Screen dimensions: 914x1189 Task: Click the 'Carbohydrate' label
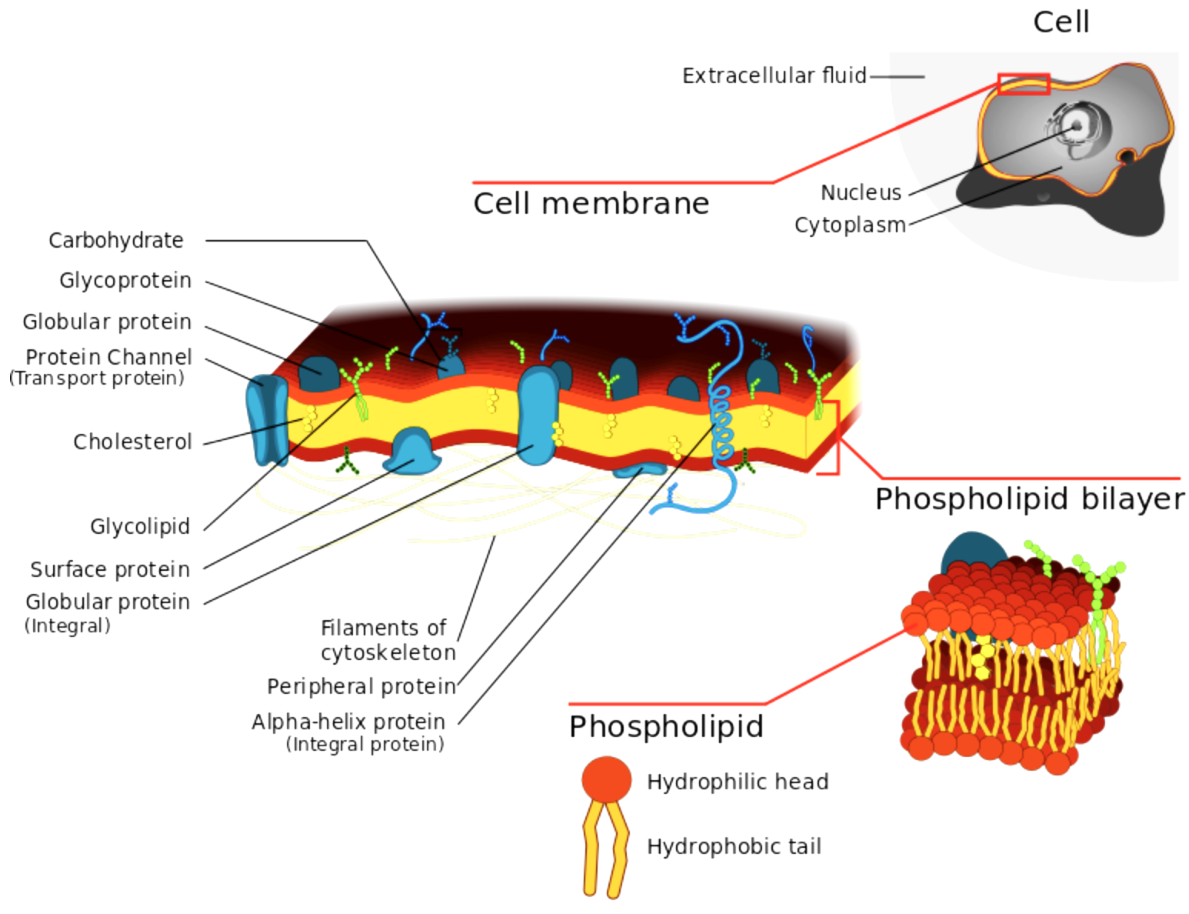coord(116,241)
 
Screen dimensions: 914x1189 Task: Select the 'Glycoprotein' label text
coord(125,281)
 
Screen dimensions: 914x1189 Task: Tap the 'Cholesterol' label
coord(132,442)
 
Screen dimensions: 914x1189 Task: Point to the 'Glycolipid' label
coord(140,527)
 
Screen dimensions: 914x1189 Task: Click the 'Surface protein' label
coord(110,570)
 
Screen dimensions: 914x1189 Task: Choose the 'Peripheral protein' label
coord(361,686)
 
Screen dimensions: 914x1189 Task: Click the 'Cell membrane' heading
coord(591,204)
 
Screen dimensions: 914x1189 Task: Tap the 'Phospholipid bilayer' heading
coord(1030,499)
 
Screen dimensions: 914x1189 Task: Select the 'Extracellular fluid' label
coord(774,76)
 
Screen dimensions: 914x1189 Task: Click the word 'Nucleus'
coord(861,192)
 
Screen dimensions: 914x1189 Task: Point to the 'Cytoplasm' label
coord(850,225)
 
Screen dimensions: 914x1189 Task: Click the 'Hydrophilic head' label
coord(738,782)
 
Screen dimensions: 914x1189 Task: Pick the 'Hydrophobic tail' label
coord(734,847)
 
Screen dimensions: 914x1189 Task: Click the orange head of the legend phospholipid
coord(606,779)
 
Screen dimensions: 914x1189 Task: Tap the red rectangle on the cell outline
coord(1023,84)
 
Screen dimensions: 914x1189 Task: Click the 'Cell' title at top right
coord(1061,22)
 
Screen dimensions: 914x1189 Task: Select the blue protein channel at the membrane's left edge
coord(267,420)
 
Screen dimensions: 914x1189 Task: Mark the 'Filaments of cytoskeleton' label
coord(387,640)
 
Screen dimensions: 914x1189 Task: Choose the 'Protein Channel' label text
coord(108,358)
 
